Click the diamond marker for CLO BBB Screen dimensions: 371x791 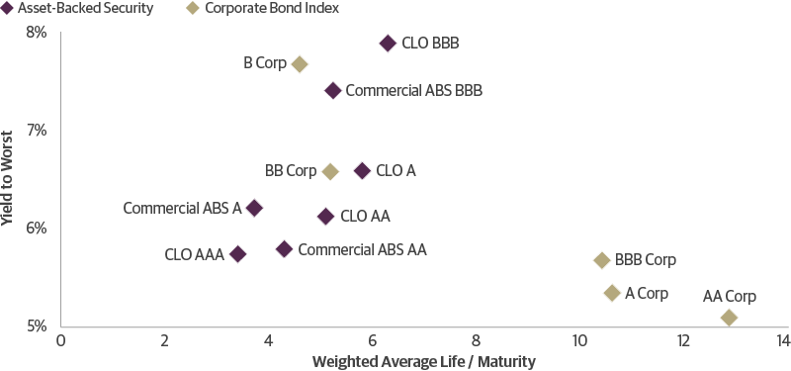388,44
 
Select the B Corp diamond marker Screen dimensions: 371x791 300,64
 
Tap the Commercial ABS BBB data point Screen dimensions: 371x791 333,91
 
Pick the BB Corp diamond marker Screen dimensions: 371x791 330,171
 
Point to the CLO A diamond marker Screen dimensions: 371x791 362,171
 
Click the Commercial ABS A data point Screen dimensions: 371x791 254,208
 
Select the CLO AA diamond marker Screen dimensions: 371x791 325,216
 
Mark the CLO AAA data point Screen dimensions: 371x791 237,254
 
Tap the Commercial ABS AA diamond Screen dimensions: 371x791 284,249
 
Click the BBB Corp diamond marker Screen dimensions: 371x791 601,260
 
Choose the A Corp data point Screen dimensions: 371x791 612,293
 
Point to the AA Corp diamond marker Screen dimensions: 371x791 729,318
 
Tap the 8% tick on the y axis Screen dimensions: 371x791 36,32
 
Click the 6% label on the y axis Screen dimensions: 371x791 36,228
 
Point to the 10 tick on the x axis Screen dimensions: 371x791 580,341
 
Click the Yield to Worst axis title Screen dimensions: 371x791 9,178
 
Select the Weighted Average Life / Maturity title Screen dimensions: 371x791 423,362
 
